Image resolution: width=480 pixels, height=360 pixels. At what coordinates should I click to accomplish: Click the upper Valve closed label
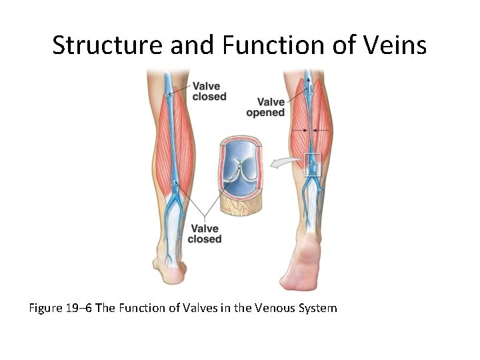tap(209, 91)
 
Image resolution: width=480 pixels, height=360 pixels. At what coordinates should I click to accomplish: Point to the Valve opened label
tap(265, 107)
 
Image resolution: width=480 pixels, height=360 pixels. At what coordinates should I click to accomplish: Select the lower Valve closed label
tap(205, 233)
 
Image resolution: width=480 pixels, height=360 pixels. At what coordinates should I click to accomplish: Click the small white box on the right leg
tap(312, 165)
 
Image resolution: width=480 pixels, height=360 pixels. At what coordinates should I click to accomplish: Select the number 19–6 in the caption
tap(82, 308)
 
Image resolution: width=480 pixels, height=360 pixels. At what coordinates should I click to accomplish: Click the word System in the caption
tap(317, 308)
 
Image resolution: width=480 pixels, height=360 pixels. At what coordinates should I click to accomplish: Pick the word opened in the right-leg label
tap(265, 113)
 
